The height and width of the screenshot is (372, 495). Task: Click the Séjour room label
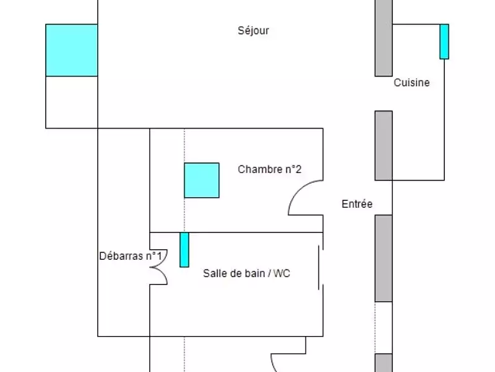(x=254, y=30)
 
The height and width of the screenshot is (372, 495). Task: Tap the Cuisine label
(x=411, y=82)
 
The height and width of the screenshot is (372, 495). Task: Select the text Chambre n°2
(x=270, y=169)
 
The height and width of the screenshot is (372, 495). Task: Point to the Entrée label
(x=357, y=203)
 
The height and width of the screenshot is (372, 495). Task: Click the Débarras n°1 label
(x=131, y=255)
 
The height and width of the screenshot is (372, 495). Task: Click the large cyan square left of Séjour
(x=72, y=50)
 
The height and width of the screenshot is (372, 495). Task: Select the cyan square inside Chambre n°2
(x=202, y=180)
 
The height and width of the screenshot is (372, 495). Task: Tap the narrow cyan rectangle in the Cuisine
(x=444, y=42)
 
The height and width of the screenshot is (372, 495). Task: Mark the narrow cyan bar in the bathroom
(x=184, y=250)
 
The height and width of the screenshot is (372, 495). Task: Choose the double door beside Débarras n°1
(x=159, y=267)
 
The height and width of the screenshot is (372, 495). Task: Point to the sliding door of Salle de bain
(x=319, y=267)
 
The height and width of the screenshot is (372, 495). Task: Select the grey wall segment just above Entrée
(x=384, y=146)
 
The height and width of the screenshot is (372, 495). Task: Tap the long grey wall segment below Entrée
(x=384, y=258)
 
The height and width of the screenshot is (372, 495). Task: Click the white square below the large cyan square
(x=72, y=102)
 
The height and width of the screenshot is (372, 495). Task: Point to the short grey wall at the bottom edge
(x=384, y=363)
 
